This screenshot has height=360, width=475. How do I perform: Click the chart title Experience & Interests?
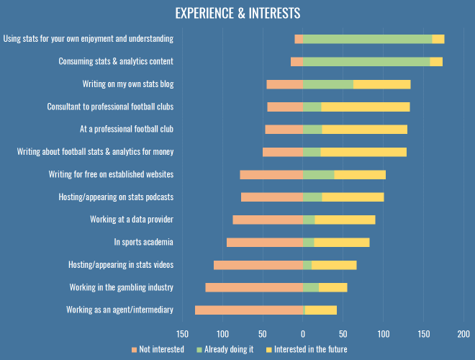coord(237,14)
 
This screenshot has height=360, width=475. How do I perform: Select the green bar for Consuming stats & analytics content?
coord(366,62)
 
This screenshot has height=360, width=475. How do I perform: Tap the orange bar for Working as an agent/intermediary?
coord(250,310)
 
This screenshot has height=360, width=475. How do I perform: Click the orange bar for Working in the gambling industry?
coord(254,287)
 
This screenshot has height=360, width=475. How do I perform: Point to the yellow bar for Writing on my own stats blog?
coord(382,84)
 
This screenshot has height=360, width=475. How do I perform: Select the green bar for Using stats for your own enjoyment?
coord(367,39)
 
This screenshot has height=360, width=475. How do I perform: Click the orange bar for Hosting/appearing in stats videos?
coord(258,265)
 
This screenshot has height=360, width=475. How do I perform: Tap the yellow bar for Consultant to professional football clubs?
coord(365,107)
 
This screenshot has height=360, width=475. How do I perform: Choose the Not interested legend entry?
coord(158,350)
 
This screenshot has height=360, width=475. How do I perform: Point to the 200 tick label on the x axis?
coord(463,334)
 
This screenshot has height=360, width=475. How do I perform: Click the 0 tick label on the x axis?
coord(303,334)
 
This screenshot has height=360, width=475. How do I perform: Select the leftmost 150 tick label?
coord(183,334)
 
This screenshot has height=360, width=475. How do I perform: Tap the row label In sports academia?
coord(143,242)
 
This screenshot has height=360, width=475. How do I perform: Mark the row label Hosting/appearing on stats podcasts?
coord(116,197)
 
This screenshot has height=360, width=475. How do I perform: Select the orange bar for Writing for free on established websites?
coord(271,174)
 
